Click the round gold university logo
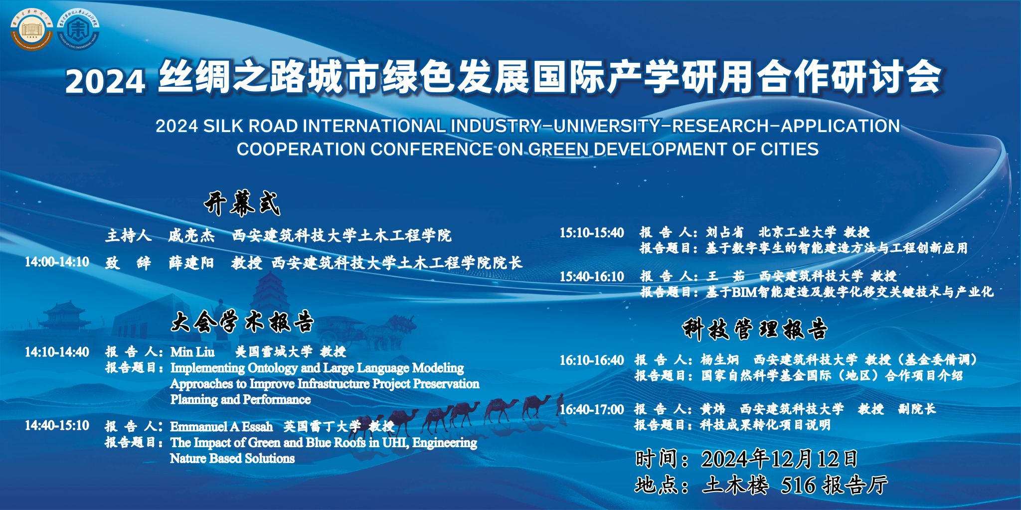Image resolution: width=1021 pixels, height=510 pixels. tap(32, 29)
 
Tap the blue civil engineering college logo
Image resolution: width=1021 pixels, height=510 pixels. tap(78, 29)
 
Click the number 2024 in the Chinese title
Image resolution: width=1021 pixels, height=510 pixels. tap(105, 81)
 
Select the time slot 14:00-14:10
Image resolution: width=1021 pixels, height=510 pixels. tap(57, 262)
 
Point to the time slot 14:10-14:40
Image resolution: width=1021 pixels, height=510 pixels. tap(57, 352)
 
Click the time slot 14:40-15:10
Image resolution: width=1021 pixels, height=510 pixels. tap(57, 425)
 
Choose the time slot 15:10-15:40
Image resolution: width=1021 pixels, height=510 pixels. tap(592, 233)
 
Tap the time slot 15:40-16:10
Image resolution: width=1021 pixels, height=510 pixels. tap(592, 277)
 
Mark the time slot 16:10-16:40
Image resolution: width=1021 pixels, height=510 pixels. tap(592, 360)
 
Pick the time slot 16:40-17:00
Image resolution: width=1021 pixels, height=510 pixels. tap(592, 409)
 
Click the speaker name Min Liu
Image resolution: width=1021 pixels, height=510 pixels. tap(192, 352)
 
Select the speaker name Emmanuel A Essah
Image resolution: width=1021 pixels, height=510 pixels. tap(221, 427)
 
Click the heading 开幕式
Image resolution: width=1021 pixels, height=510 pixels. tap(242, 203)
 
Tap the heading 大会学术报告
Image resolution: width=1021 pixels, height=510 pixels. tap(242, 322)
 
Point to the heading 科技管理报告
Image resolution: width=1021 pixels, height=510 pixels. tap(755, 329)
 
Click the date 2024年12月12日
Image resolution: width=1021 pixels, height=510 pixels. tap(780, 459)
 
